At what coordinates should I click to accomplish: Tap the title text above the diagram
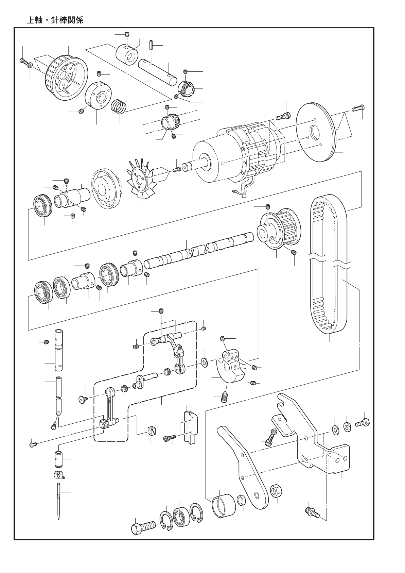pyautogui.click(x=55, y=20)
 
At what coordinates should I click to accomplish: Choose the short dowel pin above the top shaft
pyautogui.click(x=151, y=45)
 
